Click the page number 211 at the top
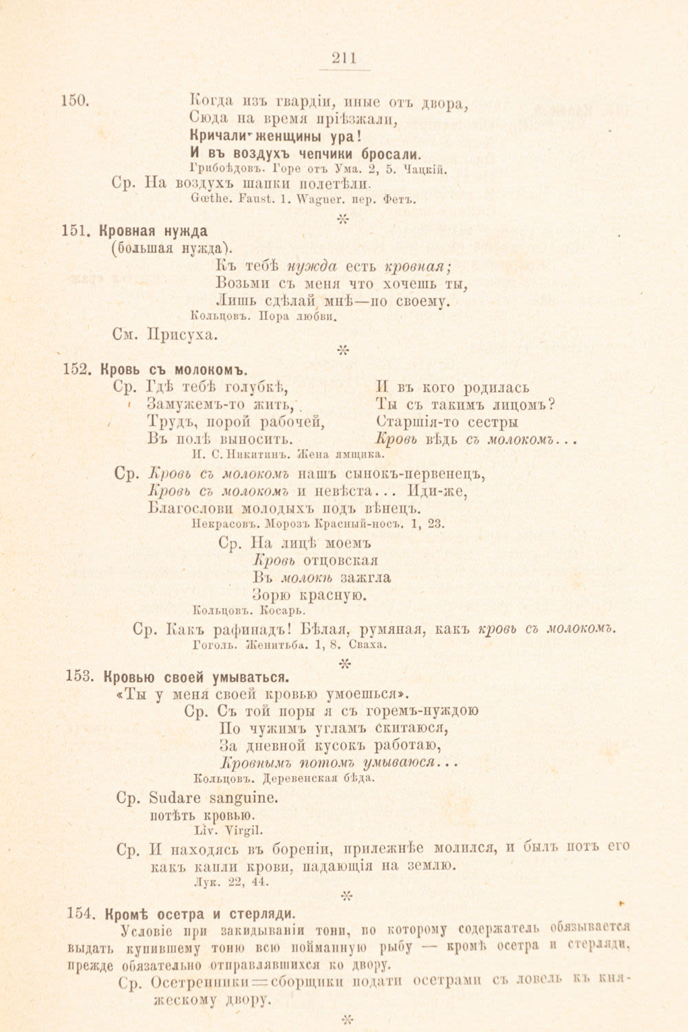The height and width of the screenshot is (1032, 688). tap(344, 58)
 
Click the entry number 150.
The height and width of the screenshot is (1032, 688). tap(75, 100)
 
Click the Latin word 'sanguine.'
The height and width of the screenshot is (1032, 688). tap(243, 798)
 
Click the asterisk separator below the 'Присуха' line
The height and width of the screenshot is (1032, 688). tap(343, 352)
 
